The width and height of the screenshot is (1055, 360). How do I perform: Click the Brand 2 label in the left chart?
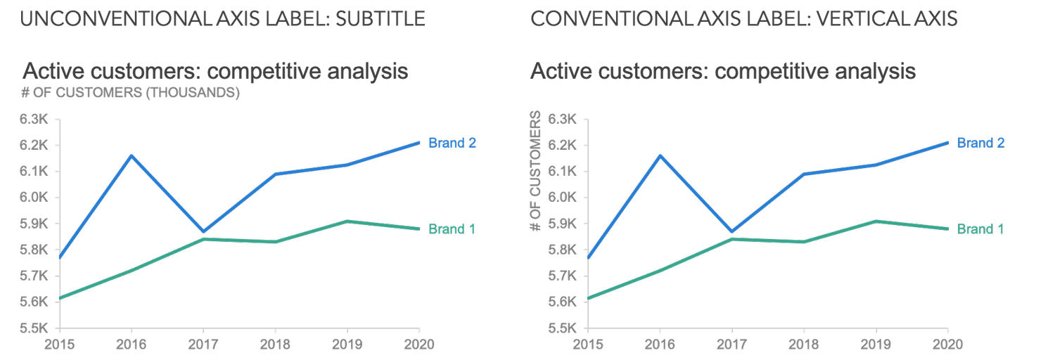(452, 143)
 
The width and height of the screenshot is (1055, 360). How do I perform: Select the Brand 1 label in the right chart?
(980, 229)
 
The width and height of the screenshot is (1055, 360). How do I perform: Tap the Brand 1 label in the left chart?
(452, 229)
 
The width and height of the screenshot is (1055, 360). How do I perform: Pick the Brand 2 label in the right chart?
(980, 143)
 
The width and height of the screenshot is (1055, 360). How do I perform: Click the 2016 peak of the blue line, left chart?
(131, 155)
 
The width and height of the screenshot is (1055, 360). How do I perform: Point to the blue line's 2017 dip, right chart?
(732, 231)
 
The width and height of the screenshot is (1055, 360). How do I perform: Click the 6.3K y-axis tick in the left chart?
(35, 120)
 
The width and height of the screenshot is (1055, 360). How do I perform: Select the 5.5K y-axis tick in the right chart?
(564, 328)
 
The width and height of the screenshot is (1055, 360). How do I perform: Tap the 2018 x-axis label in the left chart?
(275, 345)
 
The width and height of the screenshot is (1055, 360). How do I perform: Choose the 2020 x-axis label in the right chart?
(947, 345)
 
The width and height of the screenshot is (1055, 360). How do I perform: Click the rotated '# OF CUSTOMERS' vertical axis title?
(536, 172)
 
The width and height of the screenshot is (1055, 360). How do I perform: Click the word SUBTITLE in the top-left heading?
(381, 18)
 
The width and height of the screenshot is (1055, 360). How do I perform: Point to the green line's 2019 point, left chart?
(347, 221)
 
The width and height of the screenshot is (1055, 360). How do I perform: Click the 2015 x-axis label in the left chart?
(59, 345)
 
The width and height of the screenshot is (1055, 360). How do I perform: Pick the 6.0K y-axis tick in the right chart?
(564, 198)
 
